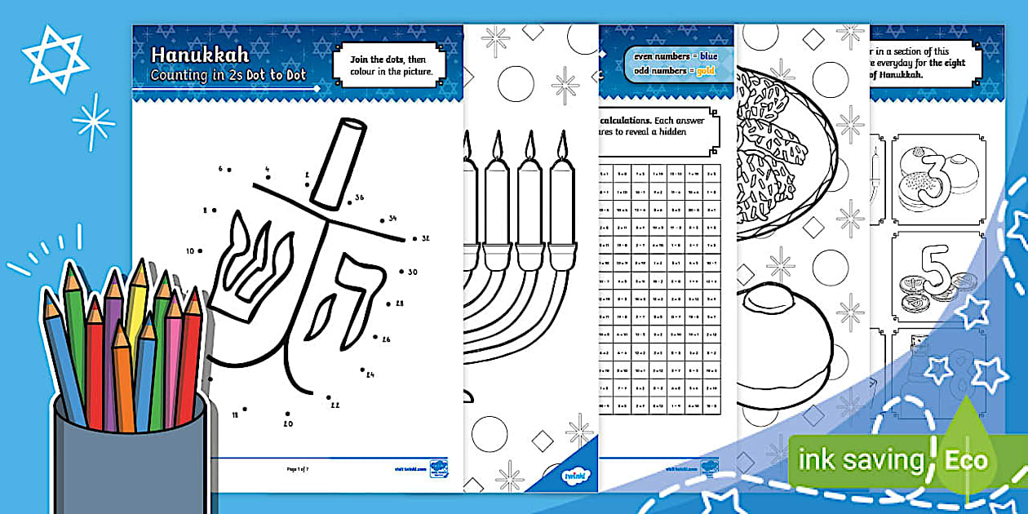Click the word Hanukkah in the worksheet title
coord(200,55)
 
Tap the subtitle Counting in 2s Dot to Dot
coord(228,75)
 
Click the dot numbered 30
coord(400,272)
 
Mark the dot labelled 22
coord(329,399)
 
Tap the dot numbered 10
coord(202,250)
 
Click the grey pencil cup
coord(131,457)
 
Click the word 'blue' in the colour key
coord(707,55)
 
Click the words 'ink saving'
coord(860,460)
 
